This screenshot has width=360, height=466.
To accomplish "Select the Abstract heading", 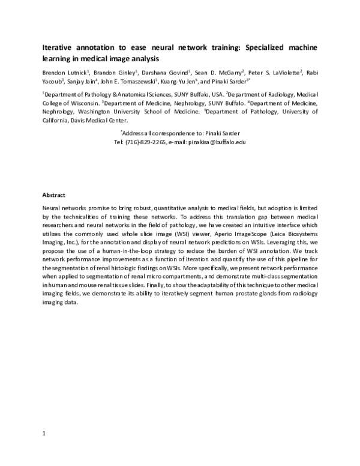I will (53, 195).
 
